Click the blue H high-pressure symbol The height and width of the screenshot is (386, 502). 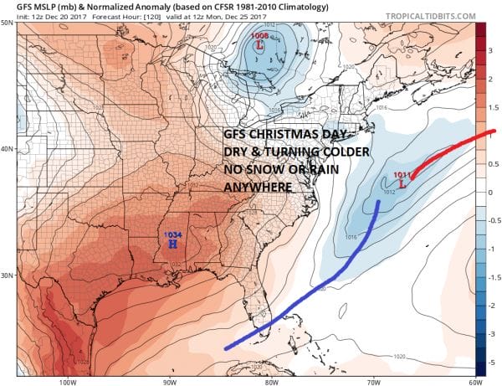point(172,245)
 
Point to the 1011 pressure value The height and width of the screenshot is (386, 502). point(402,174)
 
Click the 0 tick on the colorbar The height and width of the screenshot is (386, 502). point(493,192)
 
